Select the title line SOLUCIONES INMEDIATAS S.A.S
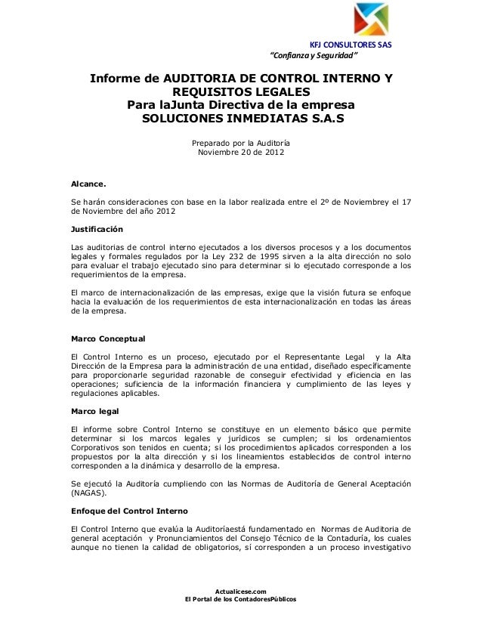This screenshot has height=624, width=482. tap(241, 121)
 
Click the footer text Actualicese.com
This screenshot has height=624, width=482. tap(240, 592)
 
